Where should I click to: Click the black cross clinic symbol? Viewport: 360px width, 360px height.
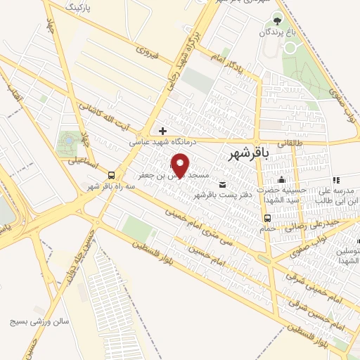[x=163, y=131]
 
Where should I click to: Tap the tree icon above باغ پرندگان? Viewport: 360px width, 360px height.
[x=277, y=21]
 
